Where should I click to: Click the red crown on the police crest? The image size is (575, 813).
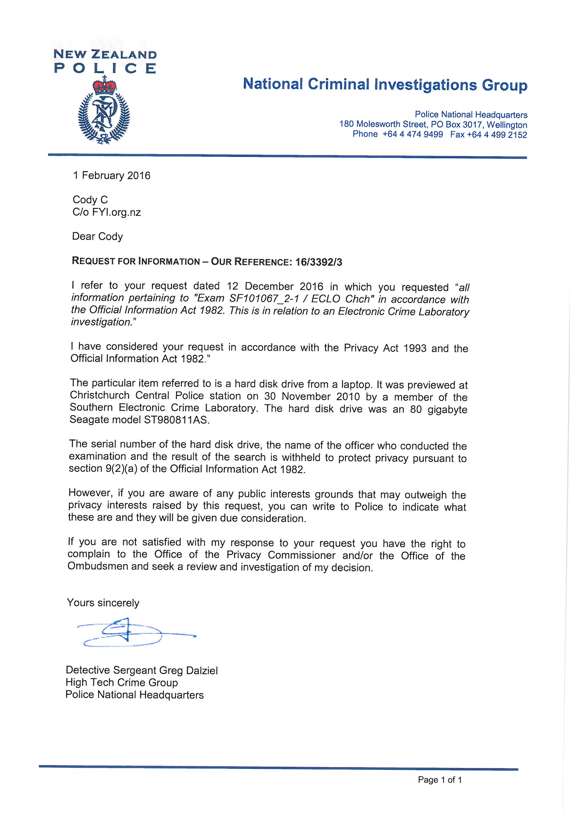click(x=104, y=86)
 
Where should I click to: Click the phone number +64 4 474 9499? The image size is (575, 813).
click(x=413, y=134)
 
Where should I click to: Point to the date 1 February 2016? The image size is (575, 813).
click(x=112, y=176)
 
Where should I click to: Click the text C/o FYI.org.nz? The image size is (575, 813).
click(x=107, y=212)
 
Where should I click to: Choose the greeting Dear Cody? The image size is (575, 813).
click(x=97, y=236)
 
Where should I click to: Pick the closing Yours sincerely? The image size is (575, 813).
click(x=103, y=603)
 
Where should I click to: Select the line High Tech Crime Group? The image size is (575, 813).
click(x=121, y=682)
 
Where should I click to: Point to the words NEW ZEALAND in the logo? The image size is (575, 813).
click(x=105, y=55)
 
